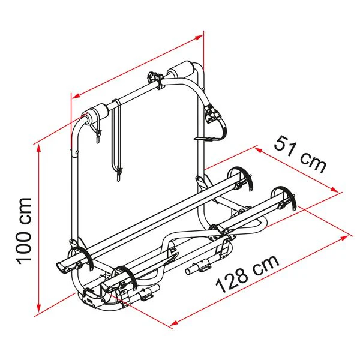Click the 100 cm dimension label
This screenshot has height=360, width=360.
23,231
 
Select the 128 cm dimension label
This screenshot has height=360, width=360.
247,274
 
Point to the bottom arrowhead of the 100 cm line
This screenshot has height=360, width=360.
38,308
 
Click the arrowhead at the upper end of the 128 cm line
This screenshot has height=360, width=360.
343,238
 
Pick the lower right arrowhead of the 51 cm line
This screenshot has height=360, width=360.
334,190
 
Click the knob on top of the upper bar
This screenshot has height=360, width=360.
152,76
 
